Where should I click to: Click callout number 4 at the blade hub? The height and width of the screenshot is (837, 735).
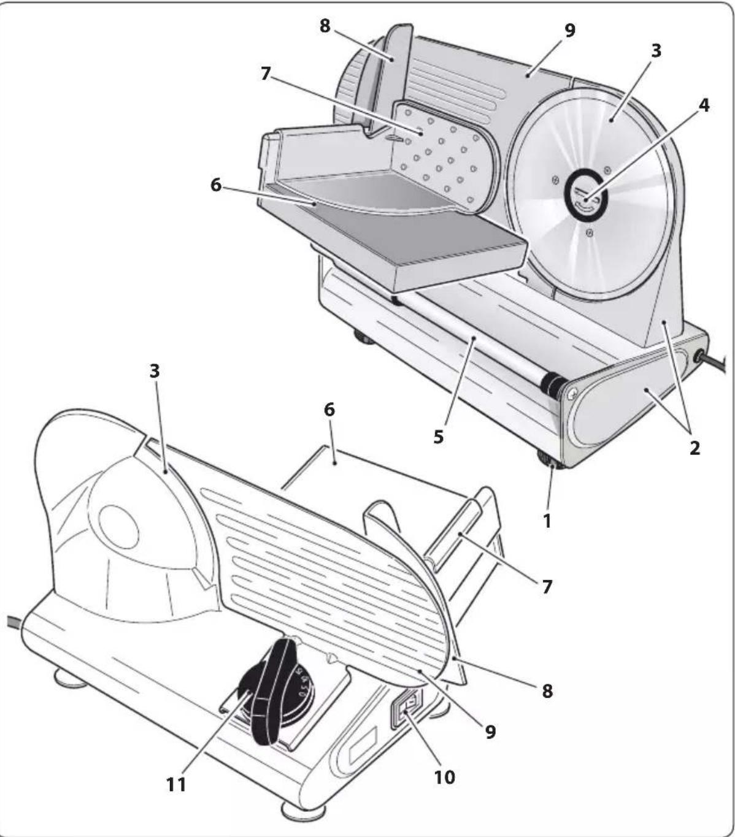704,105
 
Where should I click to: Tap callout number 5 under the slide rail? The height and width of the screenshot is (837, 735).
438,438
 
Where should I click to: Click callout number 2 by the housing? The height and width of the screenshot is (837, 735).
694,448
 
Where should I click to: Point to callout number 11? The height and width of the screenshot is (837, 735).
176,784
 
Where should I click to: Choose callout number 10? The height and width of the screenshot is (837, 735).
444,777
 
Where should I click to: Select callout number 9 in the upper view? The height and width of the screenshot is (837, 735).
570,30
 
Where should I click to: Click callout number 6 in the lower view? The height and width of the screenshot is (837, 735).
329,410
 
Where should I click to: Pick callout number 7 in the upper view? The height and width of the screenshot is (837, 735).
265,73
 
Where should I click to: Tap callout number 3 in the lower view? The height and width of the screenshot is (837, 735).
154,371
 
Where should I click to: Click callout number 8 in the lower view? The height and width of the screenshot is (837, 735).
546,690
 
